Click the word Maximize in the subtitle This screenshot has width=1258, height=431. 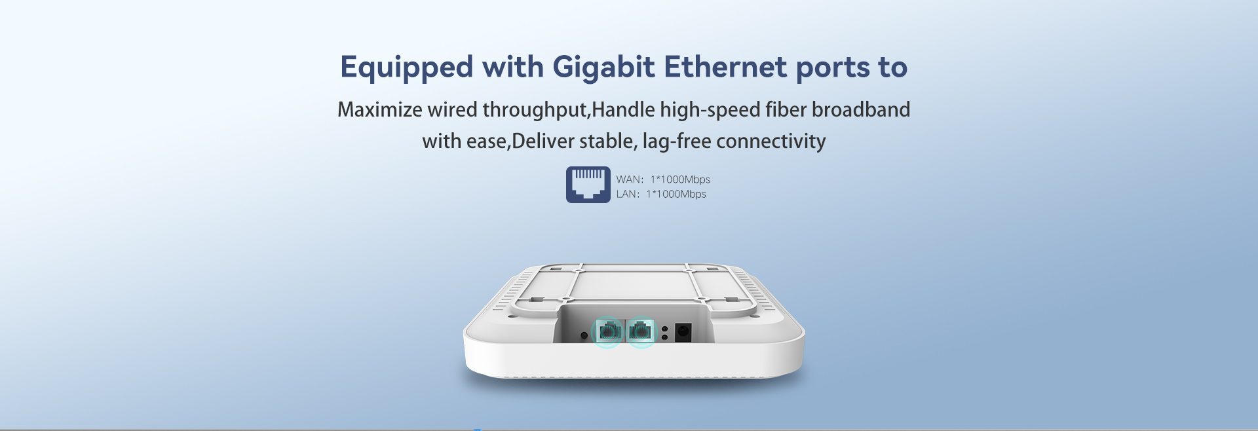click(x=380, y=109)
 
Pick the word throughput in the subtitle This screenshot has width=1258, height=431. click(x=535, y=110)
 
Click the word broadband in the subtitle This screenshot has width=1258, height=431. click(x=861, y=109)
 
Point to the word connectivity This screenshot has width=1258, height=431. click(x=771, y=141)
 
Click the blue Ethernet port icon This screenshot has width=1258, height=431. click(x=588, y=185)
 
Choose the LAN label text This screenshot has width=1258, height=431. click(x=628, y=194)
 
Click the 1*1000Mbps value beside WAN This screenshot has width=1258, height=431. click(x=680, y=179)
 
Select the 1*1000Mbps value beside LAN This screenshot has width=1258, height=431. click(x=676, y=194)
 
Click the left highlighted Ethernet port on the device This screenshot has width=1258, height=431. click(x=609, y=331)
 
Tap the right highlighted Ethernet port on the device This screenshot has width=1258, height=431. click(x=641, y=331)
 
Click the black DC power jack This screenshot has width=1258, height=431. click(x=683, y=332)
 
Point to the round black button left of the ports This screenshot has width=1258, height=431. click(x=584, y=335)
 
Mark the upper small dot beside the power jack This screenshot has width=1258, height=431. click(x=664, y=329)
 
